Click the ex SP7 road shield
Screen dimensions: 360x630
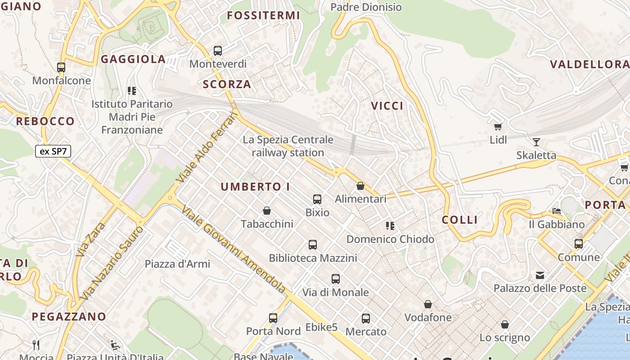click(x=53, y=151)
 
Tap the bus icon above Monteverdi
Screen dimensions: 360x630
click(x=218, y=51)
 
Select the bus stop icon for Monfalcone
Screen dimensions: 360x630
click(x=61, y=67)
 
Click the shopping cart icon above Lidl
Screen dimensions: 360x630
click(x=498, y=127)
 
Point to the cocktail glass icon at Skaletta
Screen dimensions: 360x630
click(x=536, y=142)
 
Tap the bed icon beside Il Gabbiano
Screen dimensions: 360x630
click(x=557, y=211)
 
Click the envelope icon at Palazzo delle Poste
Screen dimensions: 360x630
click(x=540, y=275)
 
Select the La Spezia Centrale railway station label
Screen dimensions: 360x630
click(x=288, y=146)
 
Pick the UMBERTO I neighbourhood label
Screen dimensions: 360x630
click(x=255, y=187)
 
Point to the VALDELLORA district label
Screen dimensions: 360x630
click(x=589, y=64)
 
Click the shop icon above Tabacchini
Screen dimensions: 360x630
click(x=267, y=211)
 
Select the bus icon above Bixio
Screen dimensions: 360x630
click(x=317, y=199)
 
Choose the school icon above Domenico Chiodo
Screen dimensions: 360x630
click(x=390, y=226)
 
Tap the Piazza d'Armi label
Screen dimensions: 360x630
click(x=177, y=264)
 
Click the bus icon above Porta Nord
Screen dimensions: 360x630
click(x=273, y=318)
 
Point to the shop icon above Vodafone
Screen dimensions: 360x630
click(x=428, y=305)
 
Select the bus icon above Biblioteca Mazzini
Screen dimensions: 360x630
click(x=313, y=245)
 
